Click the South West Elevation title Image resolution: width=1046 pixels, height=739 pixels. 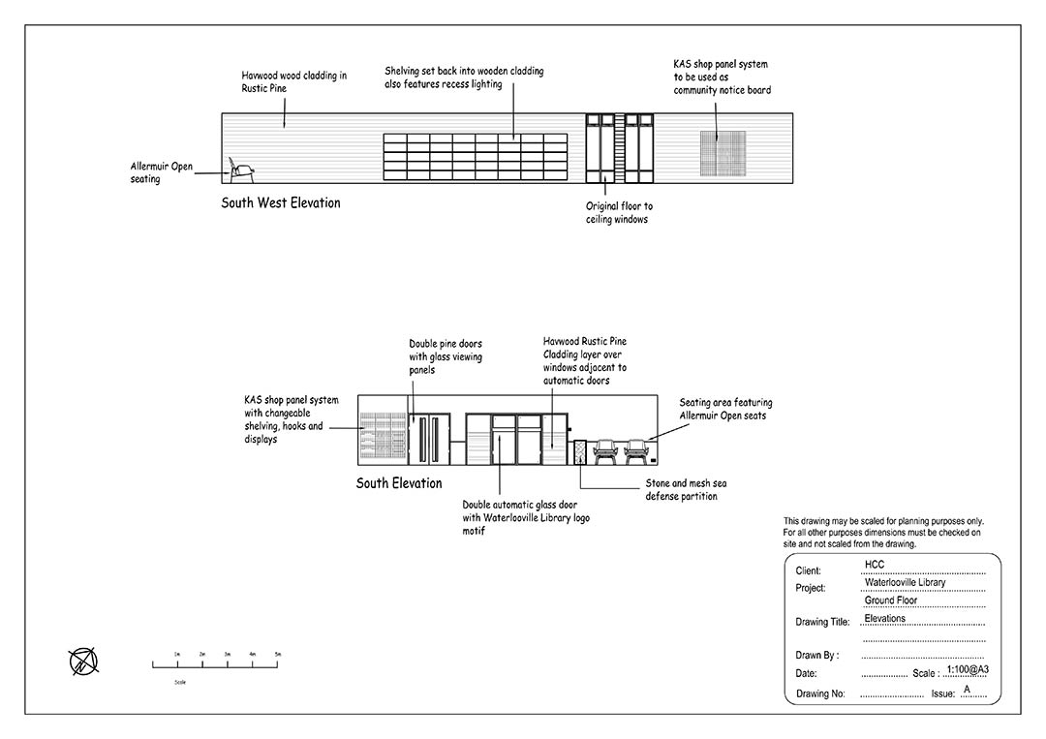click(x=280, y=203)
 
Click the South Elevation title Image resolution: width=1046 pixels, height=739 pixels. click(x=399, y=483)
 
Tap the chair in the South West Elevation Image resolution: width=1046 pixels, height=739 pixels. click(x=241, y=170)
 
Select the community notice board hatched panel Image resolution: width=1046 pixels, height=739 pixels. click(x=723, y=152)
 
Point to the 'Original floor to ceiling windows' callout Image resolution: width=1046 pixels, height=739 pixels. click(x=619, y=213)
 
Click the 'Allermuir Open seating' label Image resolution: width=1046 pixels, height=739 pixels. click(x=161, y=172)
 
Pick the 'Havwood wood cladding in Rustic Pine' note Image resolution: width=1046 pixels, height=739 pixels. click(x=293, y=81)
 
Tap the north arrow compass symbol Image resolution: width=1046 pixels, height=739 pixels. click(x=83, y=662)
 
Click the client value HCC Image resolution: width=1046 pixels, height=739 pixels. click(x=875, y=565)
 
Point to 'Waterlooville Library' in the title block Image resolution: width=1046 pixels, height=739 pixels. click(x=905, y=583)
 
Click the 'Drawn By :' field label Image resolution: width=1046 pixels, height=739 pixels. click(x=816, y=656)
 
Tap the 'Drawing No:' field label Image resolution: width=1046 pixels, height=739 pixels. click(x=820, y=693)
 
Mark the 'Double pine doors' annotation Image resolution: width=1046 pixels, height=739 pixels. click(x=445, y=356)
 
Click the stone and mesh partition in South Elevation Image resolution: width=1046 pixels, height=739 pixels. click(x=580, y=452)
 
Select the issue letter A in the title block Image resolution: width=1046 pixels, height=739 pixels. click(x=966, y=689)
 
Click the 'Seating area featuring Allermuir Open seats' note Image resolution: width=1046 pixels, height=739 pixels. click(x=725, y=409)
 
